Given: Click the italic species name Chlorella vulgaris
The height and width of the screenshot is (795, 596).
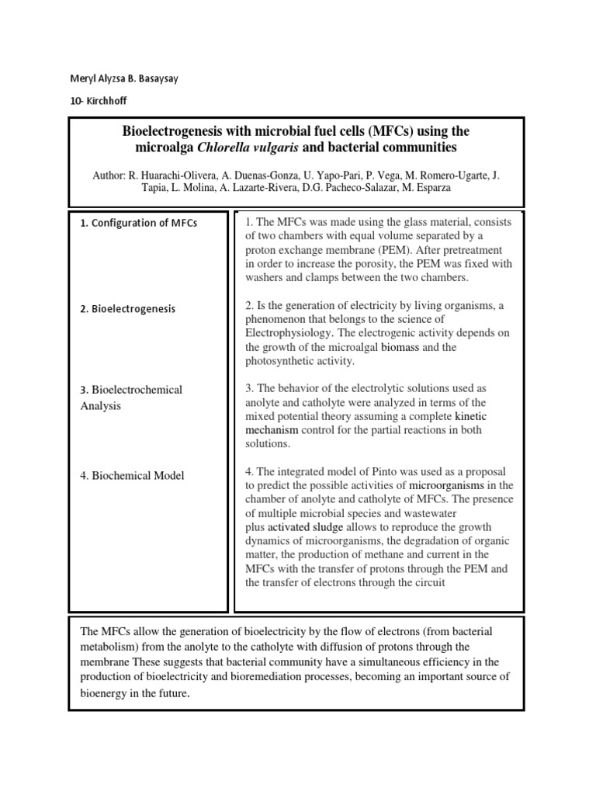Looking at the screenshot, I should [239, 147].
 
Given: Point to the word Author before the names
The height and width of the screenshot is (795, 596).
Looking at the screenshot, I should [109, 175].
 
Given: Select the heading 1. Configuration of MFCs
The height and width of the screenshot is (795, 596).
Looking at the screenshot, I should [139, 223].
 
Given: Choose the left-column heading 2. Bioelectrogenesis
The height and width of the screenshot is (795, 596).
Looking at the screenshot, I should [128, 308].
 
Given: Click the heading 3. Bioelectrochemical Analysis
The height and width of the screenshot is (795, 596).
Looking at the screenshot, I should [131, 397].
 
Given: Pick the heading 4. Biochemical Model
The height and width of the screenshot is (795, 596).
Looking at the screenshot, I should [133, 475].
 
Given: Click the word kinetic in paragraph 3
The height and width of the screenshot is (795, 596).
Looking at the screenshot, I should [471, 416].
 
